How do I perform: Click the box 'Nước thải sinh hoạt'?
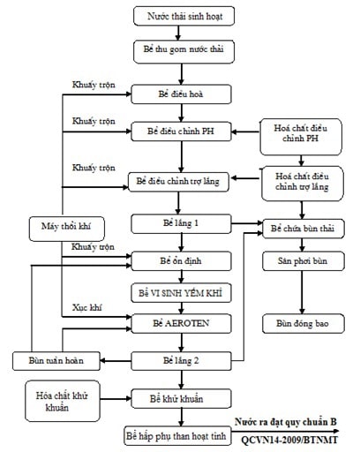tap(184, 16)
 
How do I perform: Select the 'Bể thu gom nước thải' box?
tap(184, 52)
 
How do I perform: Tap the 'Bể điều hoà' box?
tap(181, 94)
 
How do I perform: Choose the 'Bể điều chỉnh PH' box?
tap(181, 132)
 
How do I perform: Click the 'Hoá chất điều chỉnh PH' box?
tap(301, 137)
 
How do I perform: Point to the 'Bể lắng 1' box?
tap(181, 224)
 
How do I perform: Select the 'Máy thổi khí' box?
tap(67, 229)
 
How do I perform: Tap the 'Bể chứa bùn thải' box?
tap(304, 229)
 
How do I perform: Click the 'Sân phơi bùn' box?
tap(304, 261)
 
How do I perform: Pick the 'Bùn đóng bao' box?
tap(304, 324)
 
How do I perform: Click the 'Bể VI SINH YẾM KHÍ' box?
tap(181, 293)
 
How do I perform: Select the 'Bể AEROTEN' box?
tap(181, 324)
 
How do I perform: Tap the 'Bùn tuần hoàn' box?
tap(56, 361)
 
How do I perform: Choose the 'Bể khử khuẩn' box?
tap(181, 399)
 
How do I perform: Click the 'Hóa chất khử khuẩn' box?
tap(63, 401)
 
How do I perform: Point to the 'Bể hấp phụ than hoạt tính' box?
tap(177, 435)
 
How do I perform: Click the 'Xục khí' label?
tap(87, 308)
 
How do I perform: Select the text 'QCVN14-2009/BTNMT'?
tap(289, 440)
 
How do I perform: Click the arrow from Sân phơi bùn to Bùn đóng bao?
tap(302, 292)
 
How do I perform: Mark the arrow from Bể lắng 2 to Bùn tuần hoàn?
tap(116, 361)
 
